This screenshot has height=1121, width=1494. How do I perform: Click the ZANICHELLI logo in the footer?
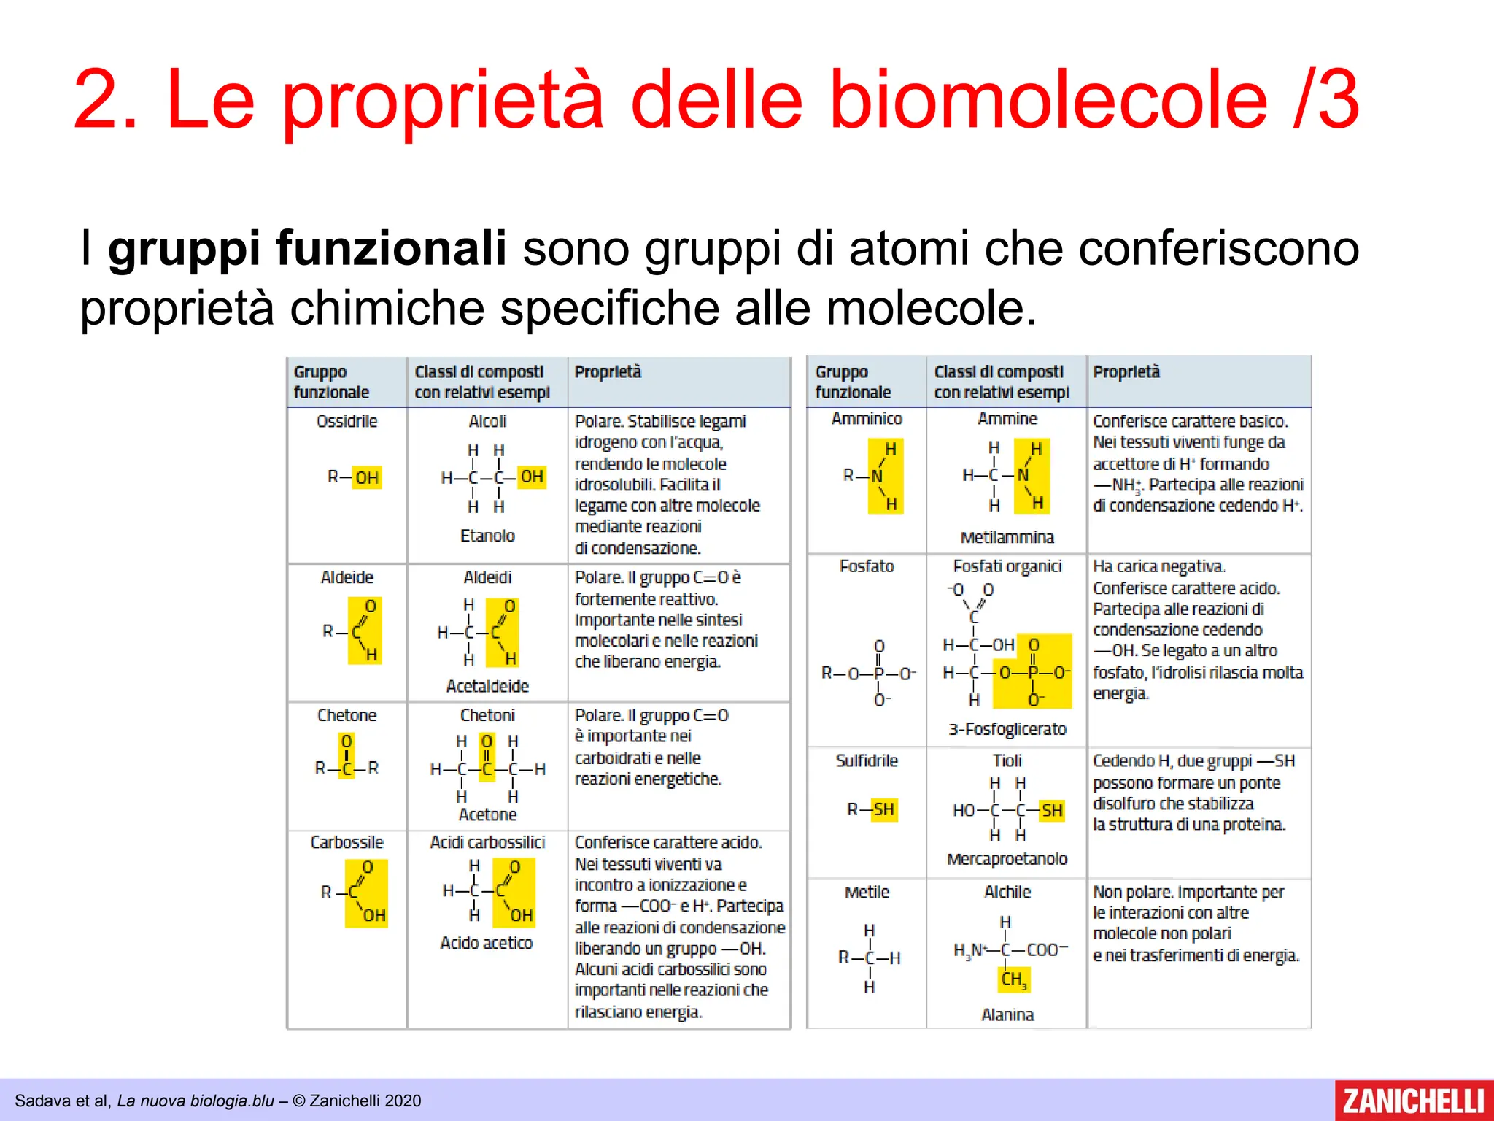[1413, 1100]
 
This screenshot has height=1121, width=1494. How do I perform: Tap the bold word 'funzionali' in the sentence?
[391, 248]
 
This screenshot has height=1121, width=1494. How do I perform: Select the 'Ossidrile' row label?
[347, 421]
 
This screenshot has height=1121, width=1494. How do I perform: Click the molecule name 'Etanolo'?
[487, 536]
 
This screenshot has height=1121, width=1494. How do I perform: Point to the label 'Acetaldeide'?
[487, 686]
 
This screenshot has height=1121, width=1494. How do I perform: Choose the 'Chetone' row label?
[347, 715]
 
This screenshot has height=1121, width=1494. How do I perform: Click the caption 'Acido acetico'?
[487, 943]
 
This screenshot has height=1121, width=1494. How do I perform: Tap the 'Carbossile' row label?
[347, 842]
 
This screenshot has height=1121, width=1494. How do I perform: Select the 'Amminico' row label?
[867, 419]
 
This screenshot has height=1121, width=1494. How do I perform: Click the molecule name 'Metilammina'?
[1007, 538]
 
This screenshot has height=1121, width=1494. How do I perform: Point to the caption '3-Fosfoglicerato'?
[1007, 729]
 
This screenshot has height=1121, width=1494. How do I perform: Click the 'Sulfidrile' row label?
[867, 761]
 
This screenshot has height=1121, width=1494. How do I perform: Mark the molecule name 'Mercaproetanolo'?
[1007, 859]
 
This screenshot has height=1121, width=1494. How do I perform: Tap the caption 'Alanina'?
[1007, 1014]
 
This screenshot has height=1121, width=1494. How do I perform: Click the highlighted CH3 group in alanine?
[1013, 979]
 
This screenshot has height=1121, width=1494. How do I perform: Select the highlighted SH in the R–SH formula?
[883, 809]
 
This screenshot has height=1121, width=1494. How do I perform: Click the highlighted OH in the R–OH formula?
[367, 477]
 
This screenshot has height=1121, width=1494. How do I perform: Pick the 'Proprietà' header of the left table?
[608, 372]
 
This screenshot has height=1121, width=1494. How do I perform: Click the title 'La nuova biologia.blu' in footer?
[196, 1101]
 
